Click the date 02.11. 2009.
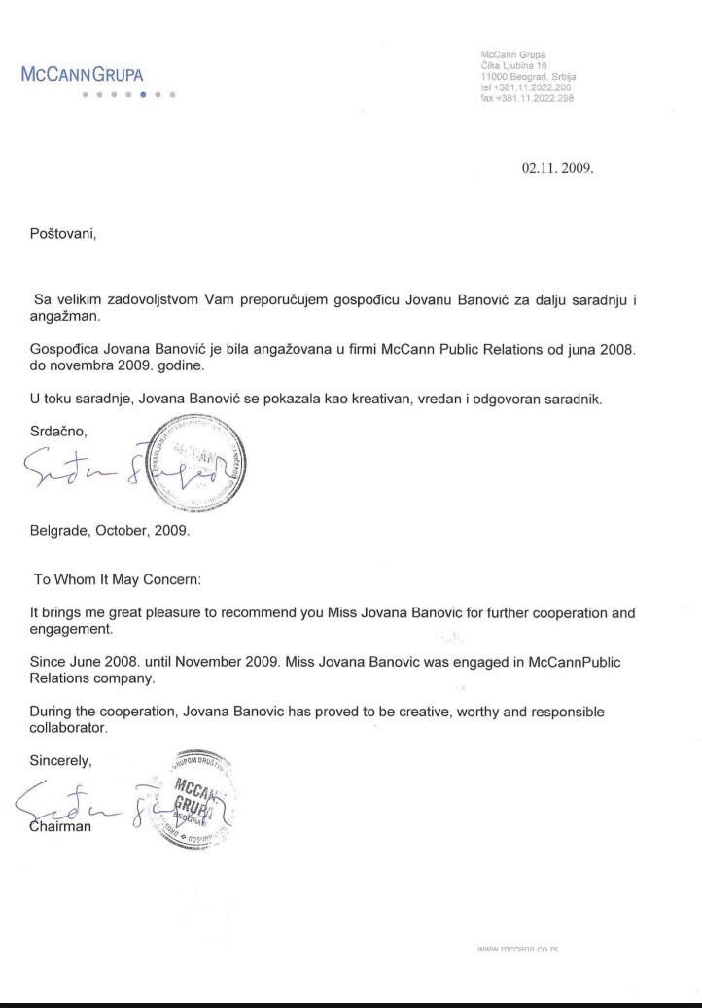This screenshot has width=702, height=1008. click(x=557, y=166)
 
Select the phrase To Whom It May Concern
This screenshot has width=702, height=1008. click(x=117, y=579)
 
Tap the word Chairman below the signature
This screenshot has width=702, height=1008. click(x=61, y=826)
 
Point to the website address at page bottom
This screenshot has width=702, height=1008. click(x=522, y=948)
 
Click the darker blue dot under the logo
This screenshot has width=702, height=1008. click(x=144, y=95)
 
